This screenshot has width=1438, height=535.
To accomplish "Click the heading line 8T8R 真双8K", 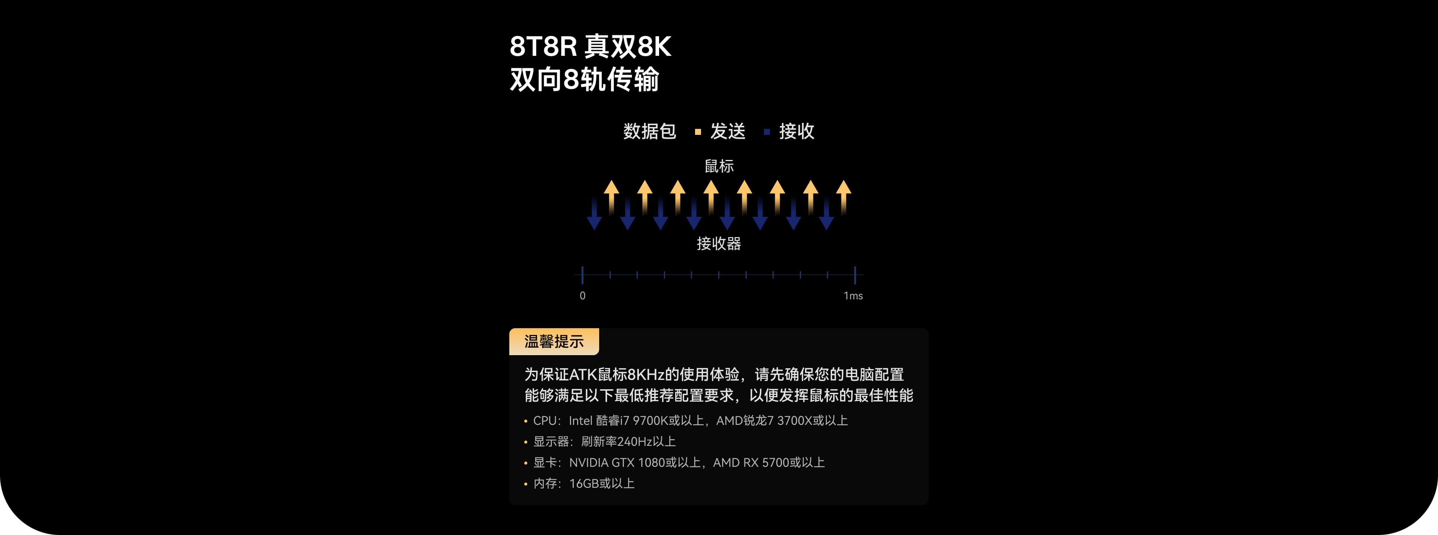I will pos(590,46).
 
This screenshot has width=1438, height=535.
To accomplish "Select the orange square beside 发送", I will pos(698,132).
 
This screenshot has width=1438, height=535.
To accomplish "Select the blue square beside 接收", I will pos(767,132).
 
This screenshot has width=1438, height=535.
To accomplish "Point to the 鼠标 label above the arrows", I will pos(719,166).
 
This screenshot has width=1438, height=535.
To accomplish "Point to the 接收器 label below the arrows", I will pos(719,244).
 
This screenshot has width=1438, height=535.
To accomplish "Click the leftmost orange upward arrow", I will pos(612,196).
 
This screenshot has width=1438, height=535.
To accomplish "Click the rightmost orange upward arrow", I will pos(843,196).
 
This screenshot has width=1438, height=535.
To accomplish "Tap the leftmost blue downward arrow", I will pos(595,215).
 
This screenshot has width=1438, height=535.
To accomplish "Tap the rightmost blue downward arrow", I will pos(827,215).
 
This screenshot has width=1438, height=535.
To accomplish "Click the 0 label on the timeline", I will pos(582,296).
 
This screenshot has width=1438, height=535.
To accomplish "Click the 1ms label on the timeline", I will pos(853,296).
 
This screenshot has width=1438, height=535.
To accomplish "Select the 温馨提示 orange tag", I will pos(554,342).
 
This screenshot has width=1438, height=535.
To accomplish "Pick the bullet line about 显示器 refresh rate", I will pos(604,442).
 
